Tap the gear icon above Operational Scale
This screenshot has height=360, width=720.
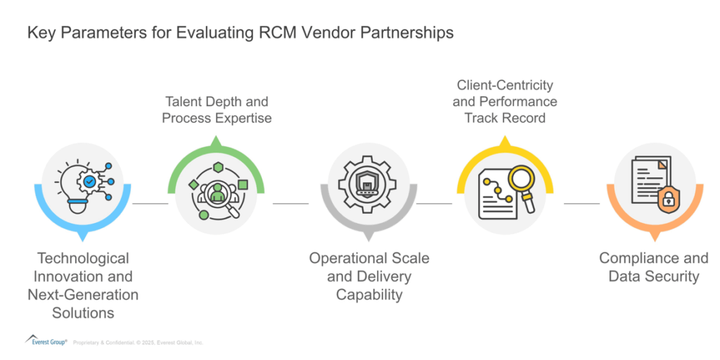368,184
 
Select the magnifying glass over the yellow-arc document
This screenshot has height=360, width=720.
520,183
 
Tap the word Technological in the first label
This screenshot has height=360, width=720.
83,258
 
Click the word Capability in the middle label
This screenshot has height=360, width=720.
369,295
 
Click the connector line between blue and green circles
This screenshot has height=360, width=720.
150,204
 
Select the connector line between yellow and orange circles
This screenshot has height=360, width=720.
581,204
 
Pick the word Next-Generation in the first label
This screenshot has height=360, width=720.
83,295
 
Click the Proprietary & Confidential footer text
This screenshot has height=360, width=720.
138,342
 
